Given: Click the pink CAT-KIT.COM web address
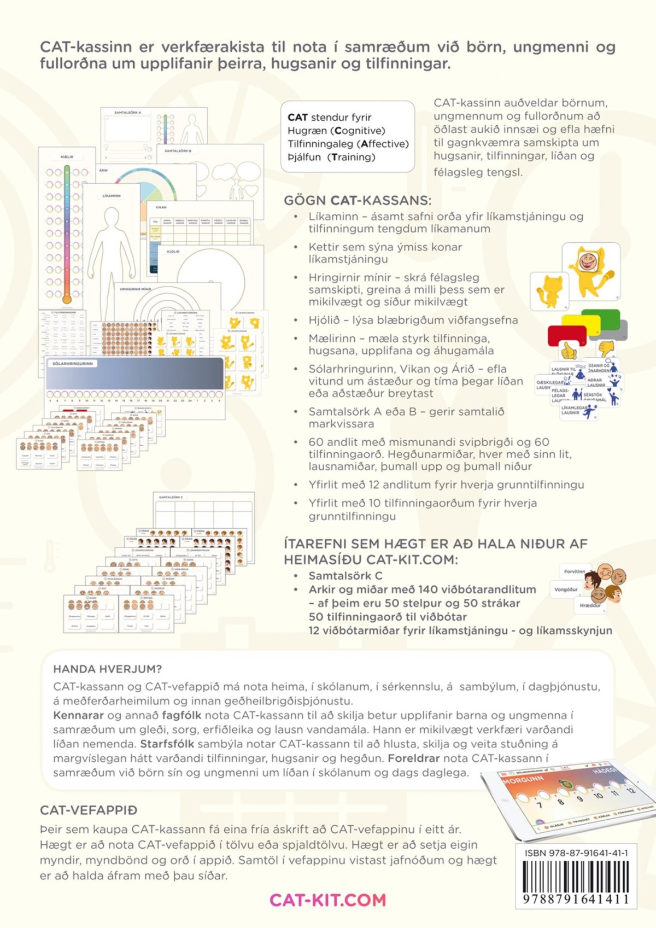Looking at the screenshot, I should pos(327,900).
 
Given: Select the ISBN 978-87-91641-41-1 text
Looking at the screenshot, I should pos(576,853).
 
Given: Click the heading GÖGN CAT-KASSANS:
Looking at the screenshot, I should pos(357,200).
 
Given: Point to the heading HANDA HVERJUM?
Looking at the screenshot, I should pos(107,669).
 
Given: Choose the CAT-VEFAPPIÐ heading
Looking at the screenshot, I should pos(89,810).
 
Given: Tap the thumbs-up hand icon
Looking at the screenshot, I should pos(569,348).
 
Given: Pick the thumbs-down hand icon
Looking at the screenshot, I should pos(607,347).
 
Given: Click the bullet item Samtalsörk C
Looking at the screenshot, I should pos(345,575).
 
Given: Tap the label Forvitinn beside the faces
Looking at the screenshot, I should pos(574,571).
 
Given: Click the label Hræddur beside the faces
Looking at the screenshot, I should pos(590,605).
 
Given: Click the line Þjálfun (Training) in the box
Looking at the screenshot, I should pos(331,157).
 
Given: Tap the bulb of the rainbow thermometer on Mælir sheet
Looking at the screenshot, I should pos(67,299).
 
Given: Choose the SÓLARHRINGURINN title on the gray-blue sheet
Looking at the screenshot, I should pos(73,363).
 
